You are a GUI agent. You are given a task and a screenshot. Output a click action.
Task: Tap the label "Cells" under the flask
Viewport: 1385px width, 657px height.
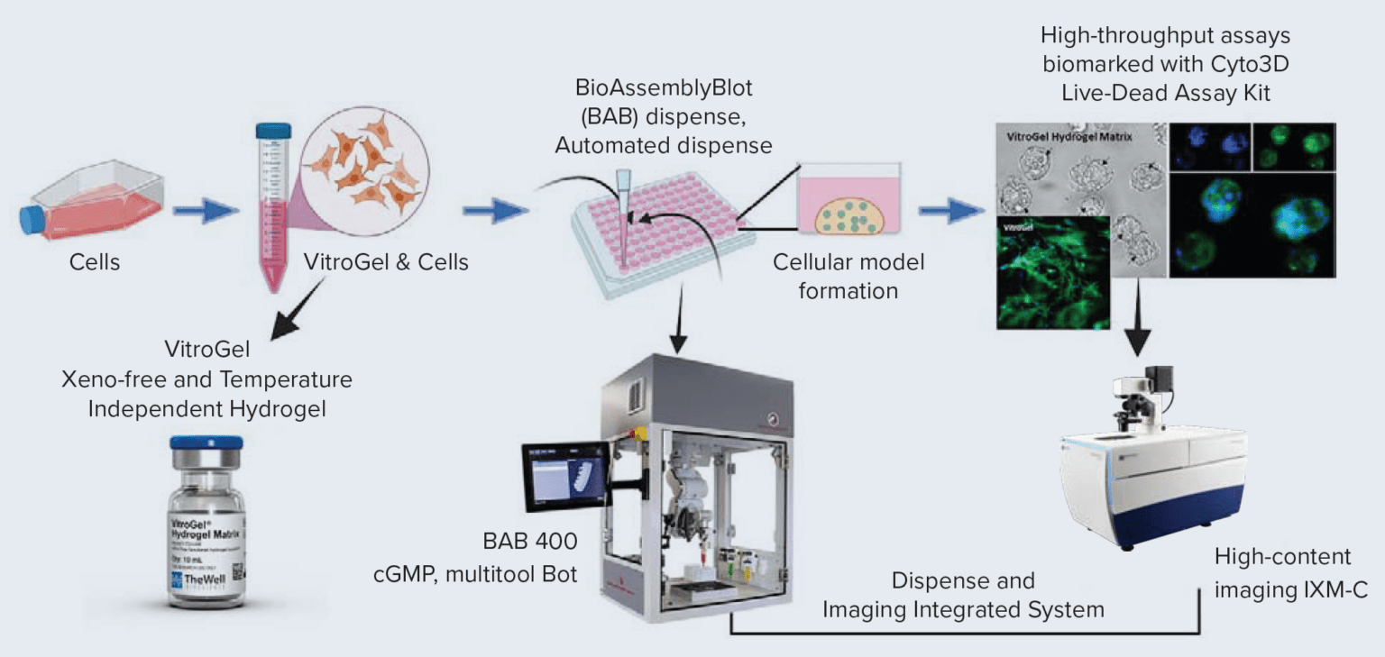point(95,263)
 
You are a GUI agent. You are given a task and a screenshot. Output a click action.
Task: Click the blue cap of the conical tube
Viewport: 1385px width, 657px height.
point(269,131)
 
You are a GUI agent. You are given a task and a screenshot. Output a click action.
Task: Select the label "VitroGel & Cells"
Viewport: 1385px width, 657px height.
point(386,263)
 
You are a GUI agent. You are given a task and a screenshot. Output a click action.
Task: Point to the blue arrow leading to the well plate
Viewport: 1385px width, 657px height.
point(495,213)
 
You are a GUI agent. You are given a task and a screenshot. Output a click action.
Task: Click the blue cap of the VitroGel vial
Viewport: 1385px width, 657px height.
point(206,444)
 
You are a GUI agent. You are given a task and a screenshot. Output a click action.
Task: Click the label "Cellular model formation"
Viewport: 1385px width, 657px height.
point(848,277)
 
